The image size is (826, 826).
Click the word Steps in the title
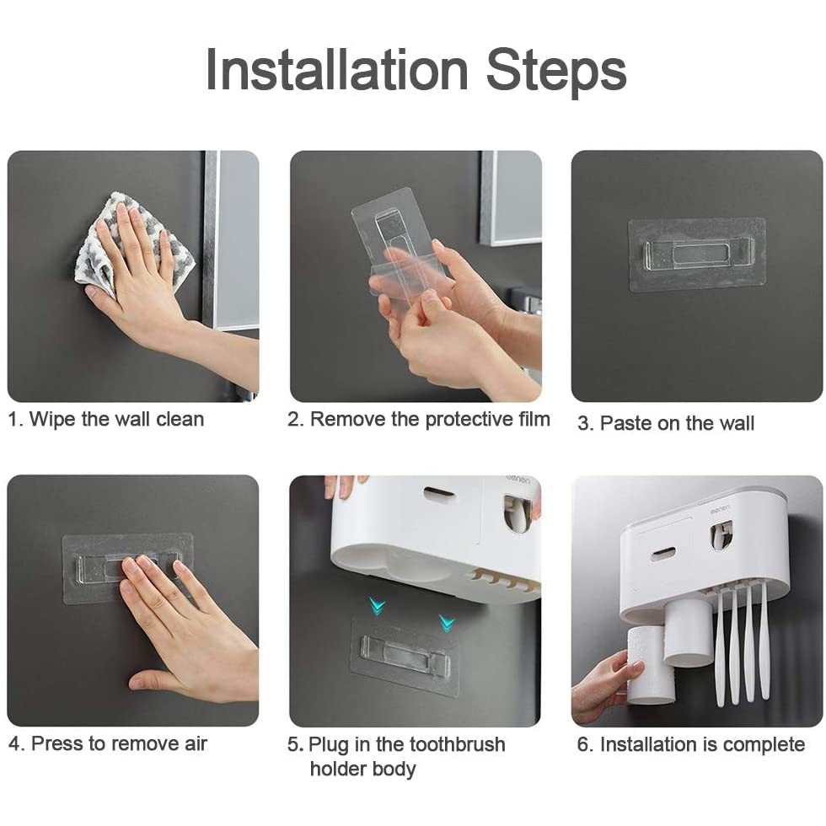[x=556, y=72]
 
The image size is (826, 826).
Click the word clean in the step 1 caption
[x=180, y=420]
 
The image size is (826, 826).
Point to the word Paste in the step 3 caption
[x=625, y=423]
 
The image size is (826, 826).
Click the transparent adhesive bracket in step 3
[x=697, y=255]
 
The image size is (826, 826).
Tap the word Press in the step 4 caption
[x=56, y=743]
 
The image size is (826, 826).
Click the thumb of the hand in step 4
[x=152, y=678]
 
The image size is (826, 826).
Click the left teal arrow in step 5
[x=378, y=607]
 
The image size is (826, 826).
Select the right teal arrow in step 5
[x=448, y=624]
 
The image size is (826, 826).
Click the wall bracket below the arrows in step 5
[x=405, y=657]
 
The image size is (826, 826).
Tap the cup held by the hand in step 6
[x=651, y=665]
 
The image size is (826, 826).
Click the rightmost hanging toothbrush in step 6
[x=764, y=641]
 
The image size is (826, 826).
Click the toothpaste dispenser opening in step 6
[x=721, y=534]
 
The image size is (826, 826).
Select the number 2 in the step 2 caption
[x=293, y=420]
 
